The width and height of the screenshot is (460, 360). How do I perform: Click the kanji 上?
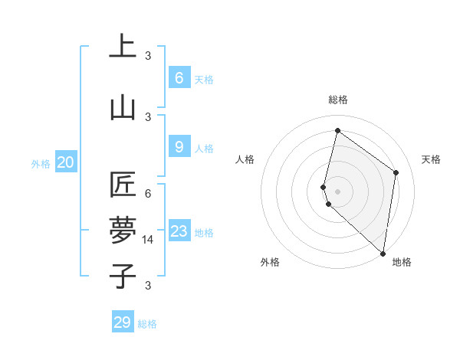click(x=123, y=46)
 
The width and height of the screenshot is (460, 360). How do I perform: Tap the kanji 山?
click(x=123, y=108)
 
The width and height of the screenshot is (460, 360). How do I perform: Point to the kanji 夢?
click(x=123, y=231)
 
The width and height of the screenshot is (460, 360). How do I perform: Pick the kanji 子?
click(x=123, y=276)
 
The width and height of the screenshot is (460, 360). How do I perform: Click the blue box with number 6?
click(x=179, y=78)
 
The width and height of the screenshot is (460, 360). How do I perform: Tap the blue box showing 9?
click(x=179, y=147)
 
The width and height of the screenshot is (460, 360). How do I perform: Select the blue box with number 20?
click(x=66, y=162)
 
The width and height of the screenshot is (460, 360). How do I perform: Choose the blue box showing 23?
click(x=179, y=231)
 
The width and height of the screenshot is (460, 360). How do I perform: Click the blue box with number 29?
click(x=123, y=322)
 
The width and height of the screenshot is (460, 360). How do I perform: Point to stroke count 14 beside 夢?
click(x=149, y=240)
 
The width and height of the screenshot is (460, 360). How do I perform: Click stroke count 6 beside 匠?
click(x=148, y=194)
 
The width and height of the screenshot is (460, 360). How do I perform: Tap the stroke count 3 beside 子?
click(x=148, y=286)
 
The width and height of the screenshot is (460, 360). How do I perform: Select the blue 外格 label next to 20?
click(x=41, y=163)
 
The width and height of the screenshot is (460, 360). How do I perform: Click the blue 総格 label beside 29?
click(x=148, y=324)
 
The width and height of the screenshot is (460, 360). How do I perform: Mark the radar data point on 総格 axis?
click(x=337, y=130)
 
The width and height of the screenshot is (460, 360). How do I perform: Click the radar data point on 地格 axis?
click(x=383, y=254)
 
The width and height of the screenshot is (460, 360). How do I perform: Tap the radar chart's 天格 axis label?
click(x=432, y=159)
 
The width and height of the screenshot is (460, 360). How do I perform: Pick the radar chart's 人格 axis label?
click(x=245, y=159)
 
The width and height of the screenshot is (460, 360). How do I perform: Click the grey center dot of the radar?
click(x=337, y=191)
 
